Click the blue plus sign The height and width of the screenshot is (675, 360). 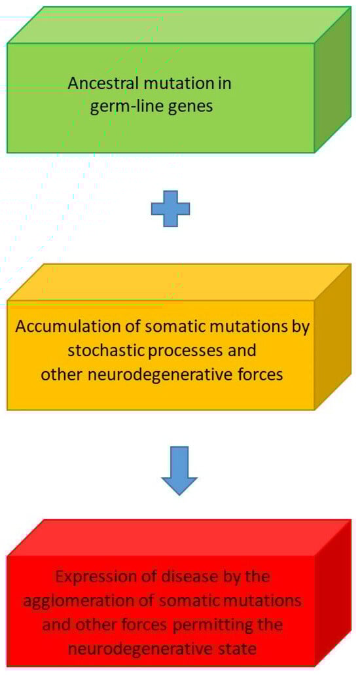click(x=170, y=209)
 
